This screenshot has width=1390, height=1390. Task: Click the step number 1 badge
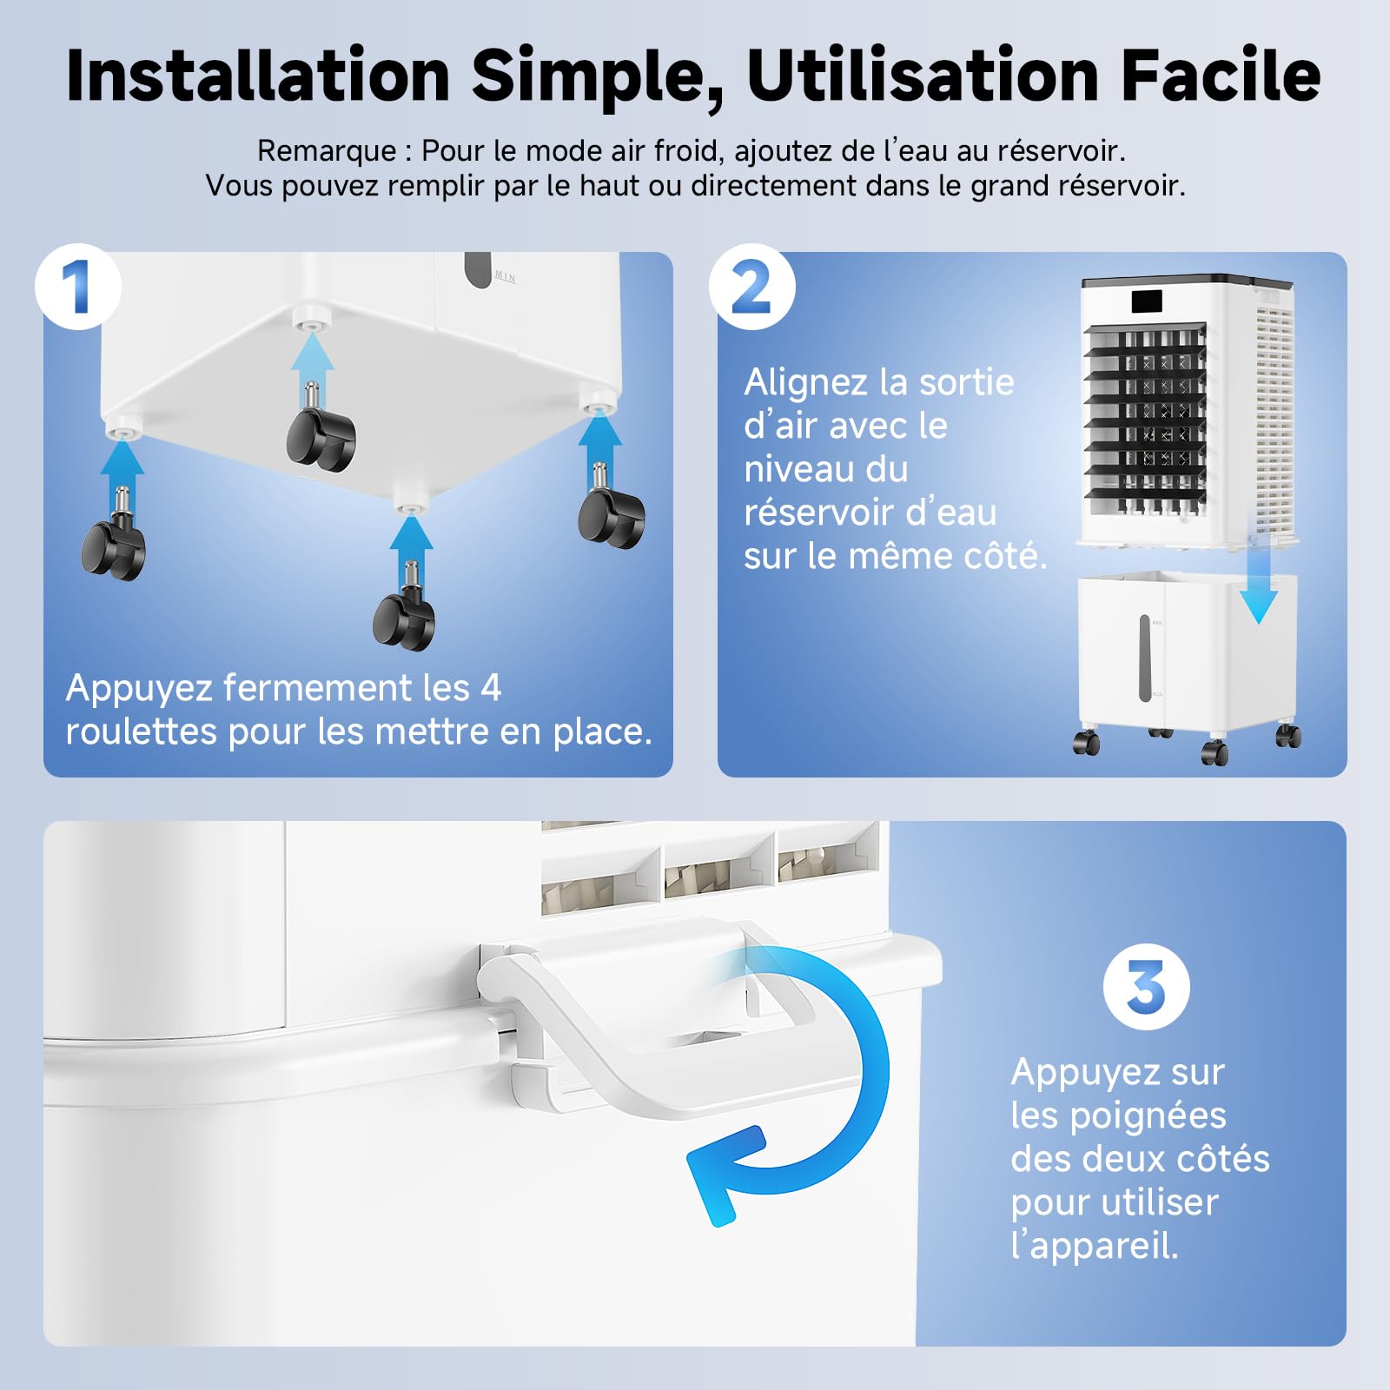pyautogui.click(x=78, y=287)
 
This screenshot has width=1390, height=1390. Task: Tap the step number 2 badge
pyautogui.click(x=752, y=287)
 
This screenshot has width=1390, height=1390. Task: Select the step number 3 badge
pyautogui.click(x=1147, y=987)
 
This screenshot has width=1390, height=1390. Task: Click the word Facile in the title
pyautogui.click(x=1221, y=76)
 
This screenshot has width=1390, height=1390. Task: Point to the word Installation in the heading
pyautogui.click(x=258, y=76)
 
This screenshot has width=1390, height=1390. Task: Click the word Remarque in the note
pyautogui.click(x=327, y=152)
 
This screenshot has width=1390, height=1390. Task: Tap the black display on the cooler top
pyautogui.click(x=1147, y=302)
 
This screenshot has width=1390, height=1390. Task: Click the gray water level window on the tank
pyautogui.click(x=1145, y=659)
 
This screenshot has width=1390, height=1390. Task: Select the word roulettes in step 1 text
pyautogui.click(x=142, y=731)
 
